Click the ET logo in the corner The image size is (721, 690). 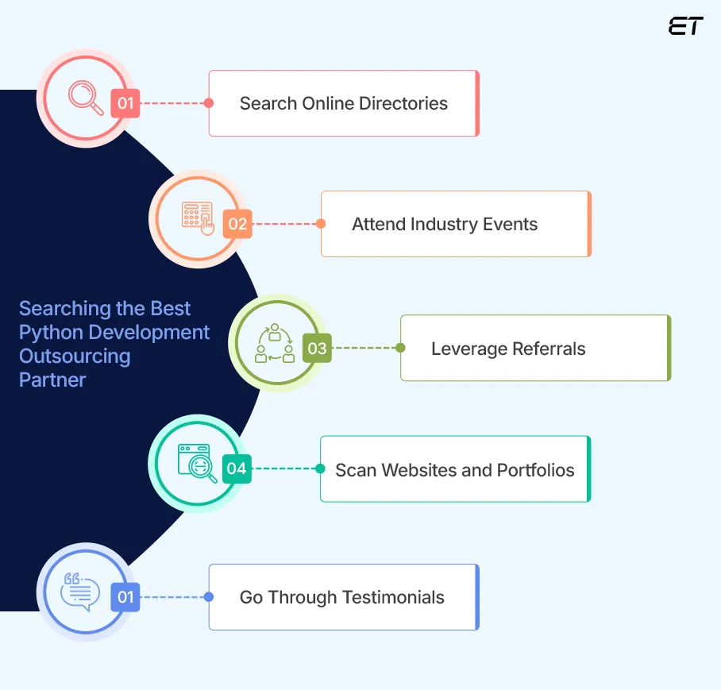[x=685, y=26]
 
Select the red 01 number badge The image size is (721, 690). [x=125, y=103]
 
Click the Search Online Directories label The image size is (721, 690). [x=343, y=103]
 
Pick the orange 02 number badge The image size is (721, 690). [x=237, y=224]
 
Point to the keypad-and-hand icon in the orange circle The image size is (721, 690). [x=198, y=218]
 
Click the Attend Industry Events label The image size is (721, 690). [x=445, y=224]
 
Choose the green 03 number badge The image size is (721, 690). [x=317, y=348]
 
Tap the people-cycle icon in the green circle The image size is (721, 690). [x=275, y=343]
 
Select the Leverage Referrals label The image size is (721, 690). [x=508, y=349]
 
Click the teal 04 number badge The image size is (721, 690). [x=237, y=468]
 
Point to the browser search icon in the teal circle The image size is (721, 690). [x=197, y=463]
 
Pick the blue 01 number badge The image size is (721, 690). [x=125, y=597]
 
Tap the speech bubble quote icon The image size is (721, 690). [x=81, y=592]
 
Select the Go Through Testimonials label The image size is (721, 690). [x=341, y=597]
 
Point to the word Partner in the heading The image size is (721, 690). [x=52, y=380]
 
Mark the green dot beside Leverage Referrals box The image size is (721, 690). [x=400, y=348]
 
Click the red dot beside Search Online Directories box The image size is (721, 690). [x=209, y=103]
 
